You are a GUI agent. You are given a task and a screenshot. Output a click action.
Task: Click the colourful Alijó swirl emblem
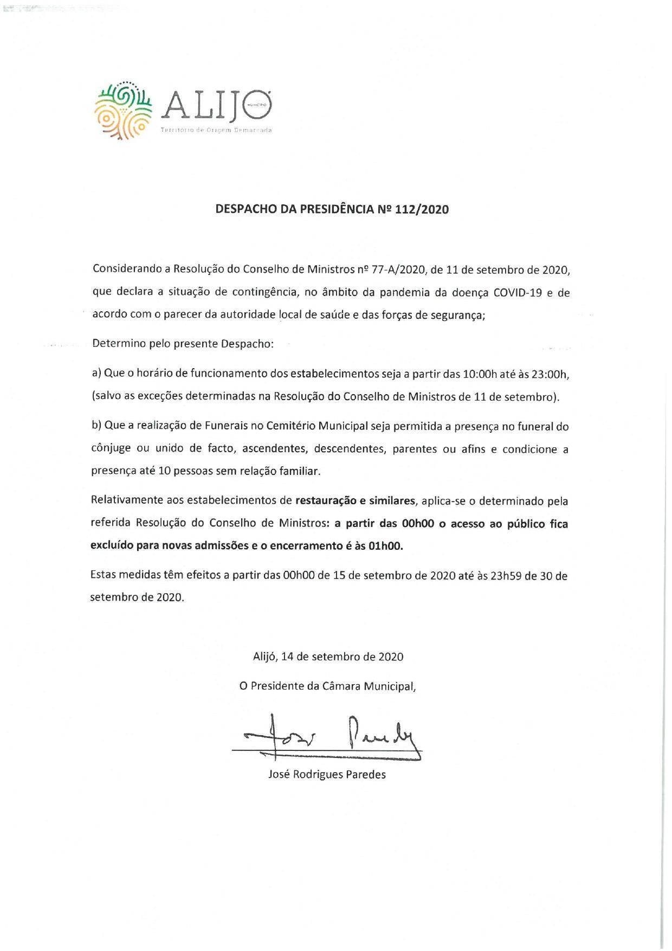[122, 111]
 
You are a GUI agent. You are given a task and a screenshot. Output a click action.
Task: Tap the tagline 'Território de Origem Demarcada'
[216, 131]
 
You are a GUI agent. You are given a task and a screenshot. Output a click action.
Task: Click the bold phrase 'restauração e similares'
[355, 500]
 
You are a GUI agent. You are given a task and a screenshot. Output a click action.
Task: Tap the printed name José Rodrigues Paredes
[327, 774]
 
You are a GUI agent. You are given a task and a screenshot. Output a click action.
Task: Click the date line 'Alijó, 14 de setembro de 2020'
[328, 657]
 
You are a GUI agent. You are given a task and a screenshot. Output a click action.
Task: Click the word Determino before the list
[117, 344]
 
